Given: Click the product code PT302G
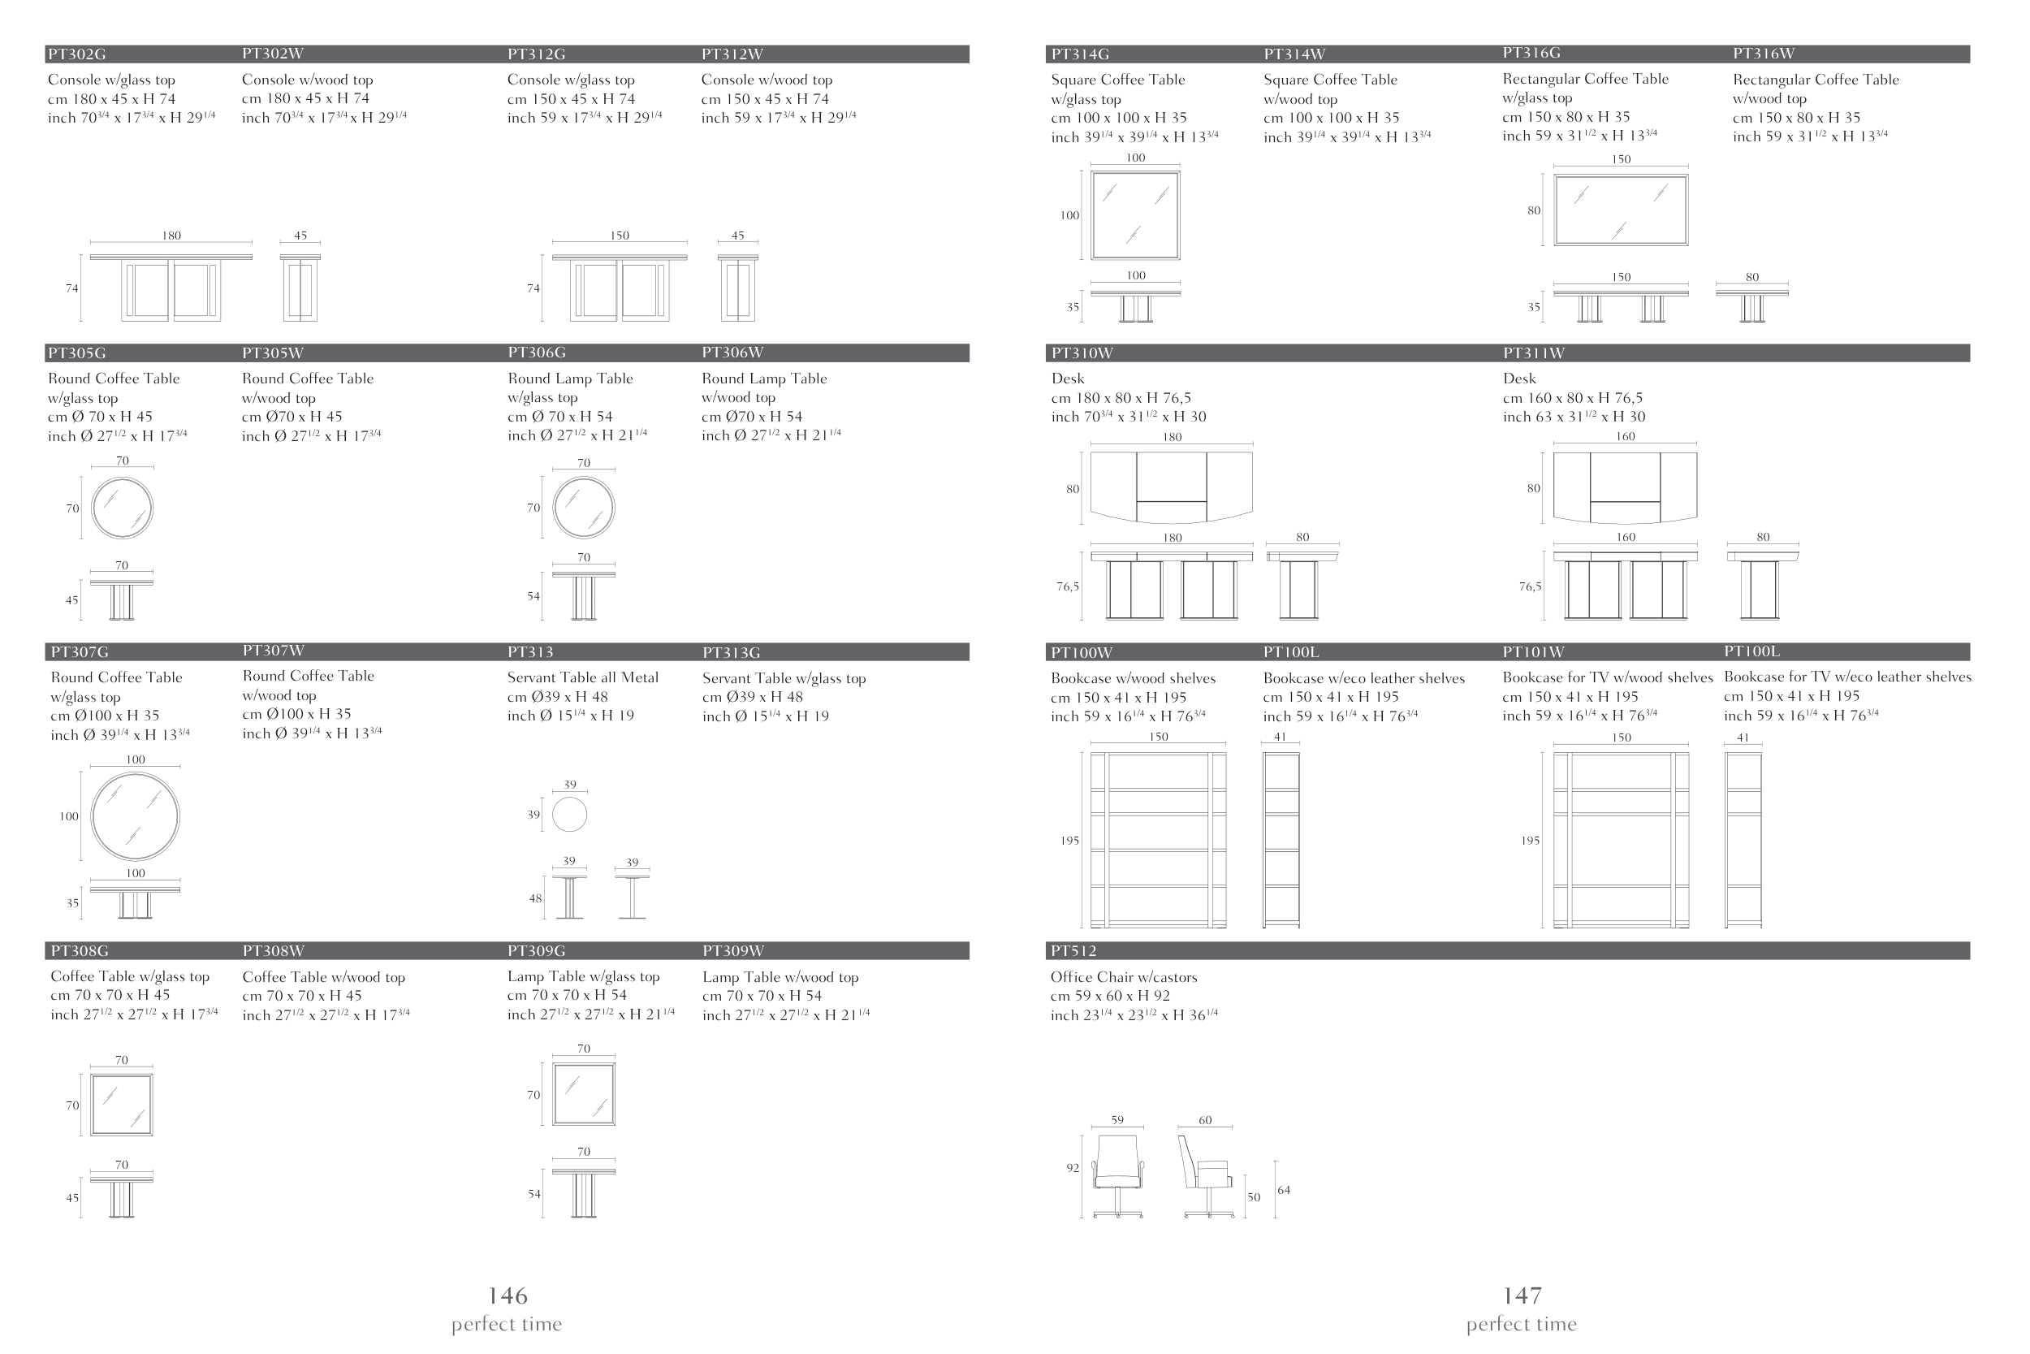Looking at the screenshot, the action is pos(77,54).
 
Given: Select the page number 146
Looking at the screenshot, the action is pos(508,1296).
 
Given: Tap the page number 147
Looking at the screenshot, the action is pos(1522,1296).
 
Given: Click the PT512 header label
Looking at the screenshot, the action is pos(1073,951).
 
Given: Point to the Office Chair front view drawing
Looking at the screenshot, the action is pos(1119,1176).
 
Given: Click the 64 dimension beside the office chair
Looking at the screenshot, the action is pos(1284,1190).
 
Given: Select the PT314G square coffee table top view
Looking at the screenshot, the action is pos(1135,215).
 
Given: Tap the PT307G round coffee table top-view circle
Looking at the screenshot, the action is pos(136,816).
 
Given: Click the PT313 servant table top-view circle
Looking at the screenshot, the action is pos(570,815).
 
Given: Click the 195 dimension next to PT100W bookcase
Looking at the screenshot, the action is pos(1069,840).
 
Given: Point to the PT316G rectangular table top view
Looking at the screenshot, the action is pos(1621,210).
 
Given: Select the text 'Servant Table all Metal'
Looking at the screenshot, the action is pos(582,678).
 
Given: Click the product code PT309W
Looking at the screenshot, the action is pos(733,951).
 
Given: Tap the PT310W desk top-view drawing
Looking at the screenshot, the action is pos(1171,488).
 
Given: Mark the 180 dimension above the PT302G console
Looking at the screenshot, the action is pos(172,236).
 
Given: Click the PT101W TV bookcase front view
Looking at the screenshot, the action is pos(1621,840).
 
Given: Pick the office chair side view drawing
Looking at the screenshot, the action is pos(1207,1176).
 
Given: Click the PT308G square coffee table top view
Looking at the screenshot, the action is pos(122,1105).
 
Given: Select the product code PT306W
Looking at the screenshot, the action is pos(732,353).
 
